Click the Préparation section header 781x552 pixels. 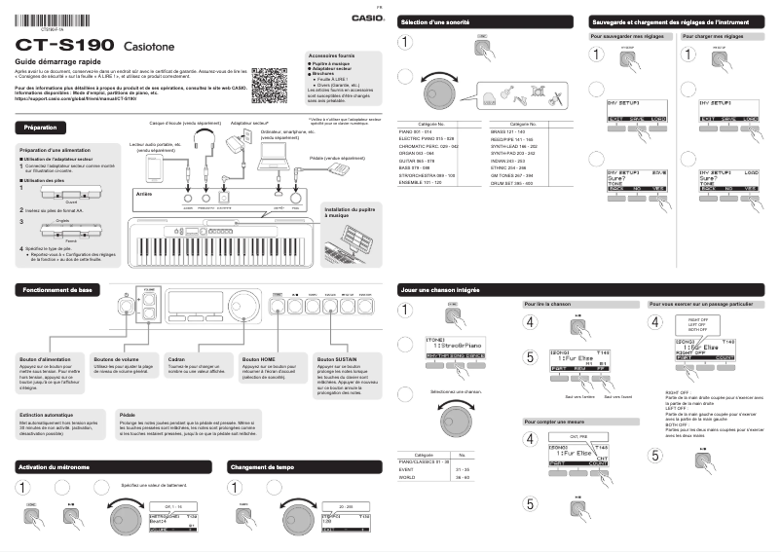(x=41, y=128)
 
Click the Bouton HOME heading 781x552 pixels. (x=258, y=359)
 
